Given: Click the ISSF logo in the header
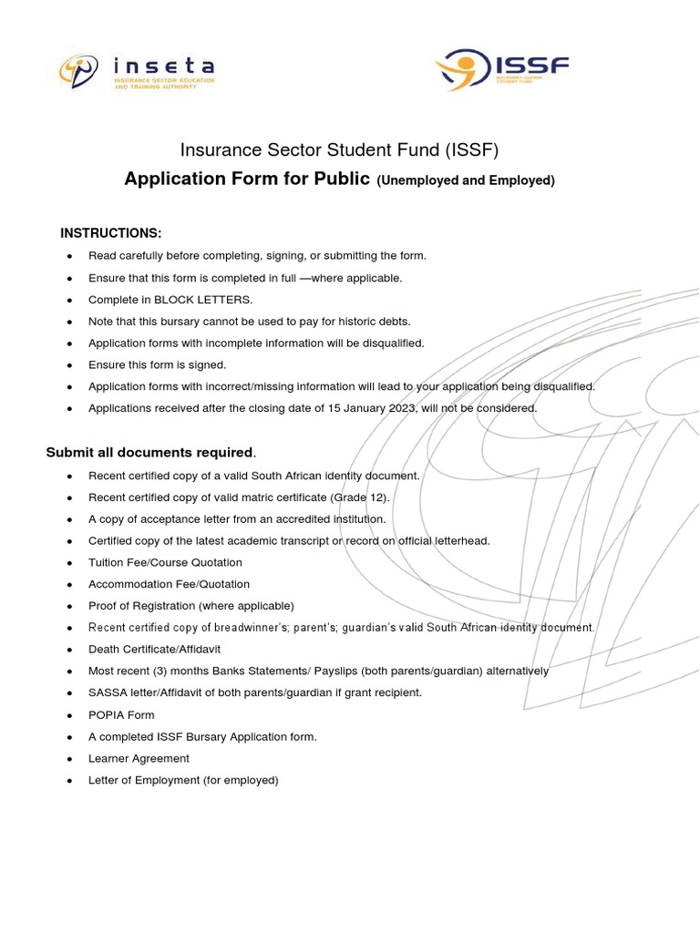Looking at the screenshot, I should tap(502, 70).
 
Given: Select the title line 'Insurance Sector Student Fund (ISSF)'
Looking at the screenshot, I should tap(339, 149).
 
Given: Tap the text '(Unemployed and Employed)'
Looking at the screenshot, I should tap(466, 180).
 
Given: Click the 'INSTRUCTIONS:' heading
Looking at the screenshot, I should tap(110, 233).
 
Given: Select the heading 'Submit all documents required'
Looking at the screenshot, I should tap(149, 453).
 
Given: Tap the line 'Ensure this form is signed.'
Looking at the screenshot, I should tap(157, 364).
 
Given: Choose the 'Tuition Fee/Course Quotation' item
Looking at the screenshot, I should tap(165, 562).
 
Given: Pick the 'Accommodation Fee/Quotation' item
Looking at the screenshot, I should tap(169, 584).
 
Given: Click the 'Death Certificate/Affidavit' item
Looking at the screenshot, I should tap(154, 649).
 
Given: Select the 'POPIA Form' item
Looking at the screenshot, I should tap(121, 715).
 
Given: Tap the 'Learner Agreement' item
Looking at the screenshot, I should tap(139, 758).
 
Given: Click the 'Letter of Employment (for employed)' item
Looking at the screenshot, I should tap(183, 780).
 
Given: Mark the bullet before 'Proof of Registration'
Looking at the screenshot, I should tap(69, 606).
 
